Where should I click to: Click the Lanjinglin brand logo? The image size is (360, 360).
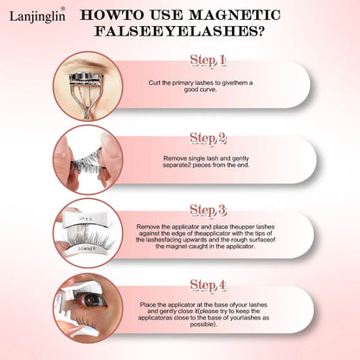coord(37,16)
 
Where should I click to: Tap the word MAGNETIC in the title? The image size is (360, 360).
coord(235,15)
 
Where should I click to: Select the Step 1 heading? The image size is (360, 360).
coord(207,61)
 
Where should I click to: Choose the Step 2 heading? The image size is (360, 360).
coord(208,138)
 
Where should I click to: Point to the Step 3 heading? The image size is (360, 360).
coord(208,210)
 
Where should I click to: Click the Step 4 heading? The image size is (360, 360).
coord(208,285)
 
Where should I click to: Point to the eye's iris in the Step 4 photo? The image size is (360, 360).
coord(92,300)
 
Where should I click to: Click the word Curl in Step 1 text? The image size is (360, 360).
coord(154,83)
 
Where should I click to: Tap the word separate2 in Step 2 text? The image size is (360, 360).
coord(177,165)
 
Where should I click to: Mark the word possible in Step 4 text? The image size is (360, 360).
coord(202,325)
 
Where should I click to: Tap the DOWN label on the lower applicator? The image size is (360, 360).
coord(85,248)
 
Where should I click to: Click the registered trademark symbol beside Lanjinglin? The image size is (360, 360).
coord(62,9)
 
